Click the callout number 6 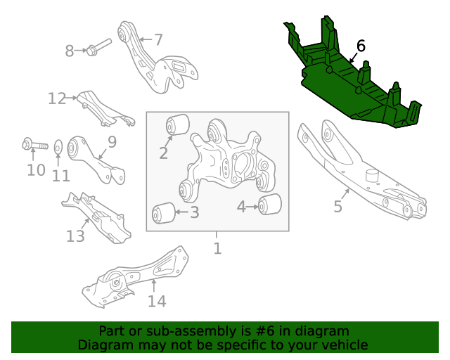[x=361, y=46]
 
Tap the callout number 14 [x=157, y=302]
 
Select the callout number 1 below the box [x=217, y=249]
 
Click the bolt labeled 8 [x=98, y=47]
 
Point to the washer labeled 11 [x=58, y=147]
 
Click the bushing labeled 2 [x=178, y=124]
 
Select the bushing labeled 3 [x=164, y=213]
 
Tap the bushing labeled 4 [x=270, y=204]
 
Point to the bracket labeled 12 [x=105, y=108]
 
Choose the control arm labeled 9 [x=96, y=160]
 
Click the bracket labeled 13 [x=96, y=217]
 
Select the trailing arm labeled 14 [x=135, y=277]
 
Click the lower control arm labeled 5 [x=361, y=169]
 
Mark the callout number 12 [x=57, y=98]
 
